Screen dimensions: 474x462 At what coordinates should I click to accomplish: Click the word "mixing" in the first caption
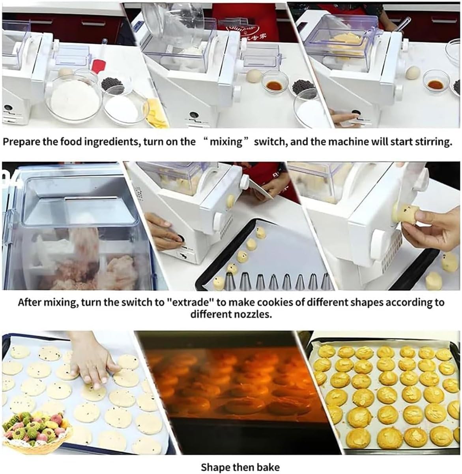(225, 142)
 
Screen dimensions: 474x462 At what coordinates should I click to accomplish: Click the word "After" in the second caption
(30, 303)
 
